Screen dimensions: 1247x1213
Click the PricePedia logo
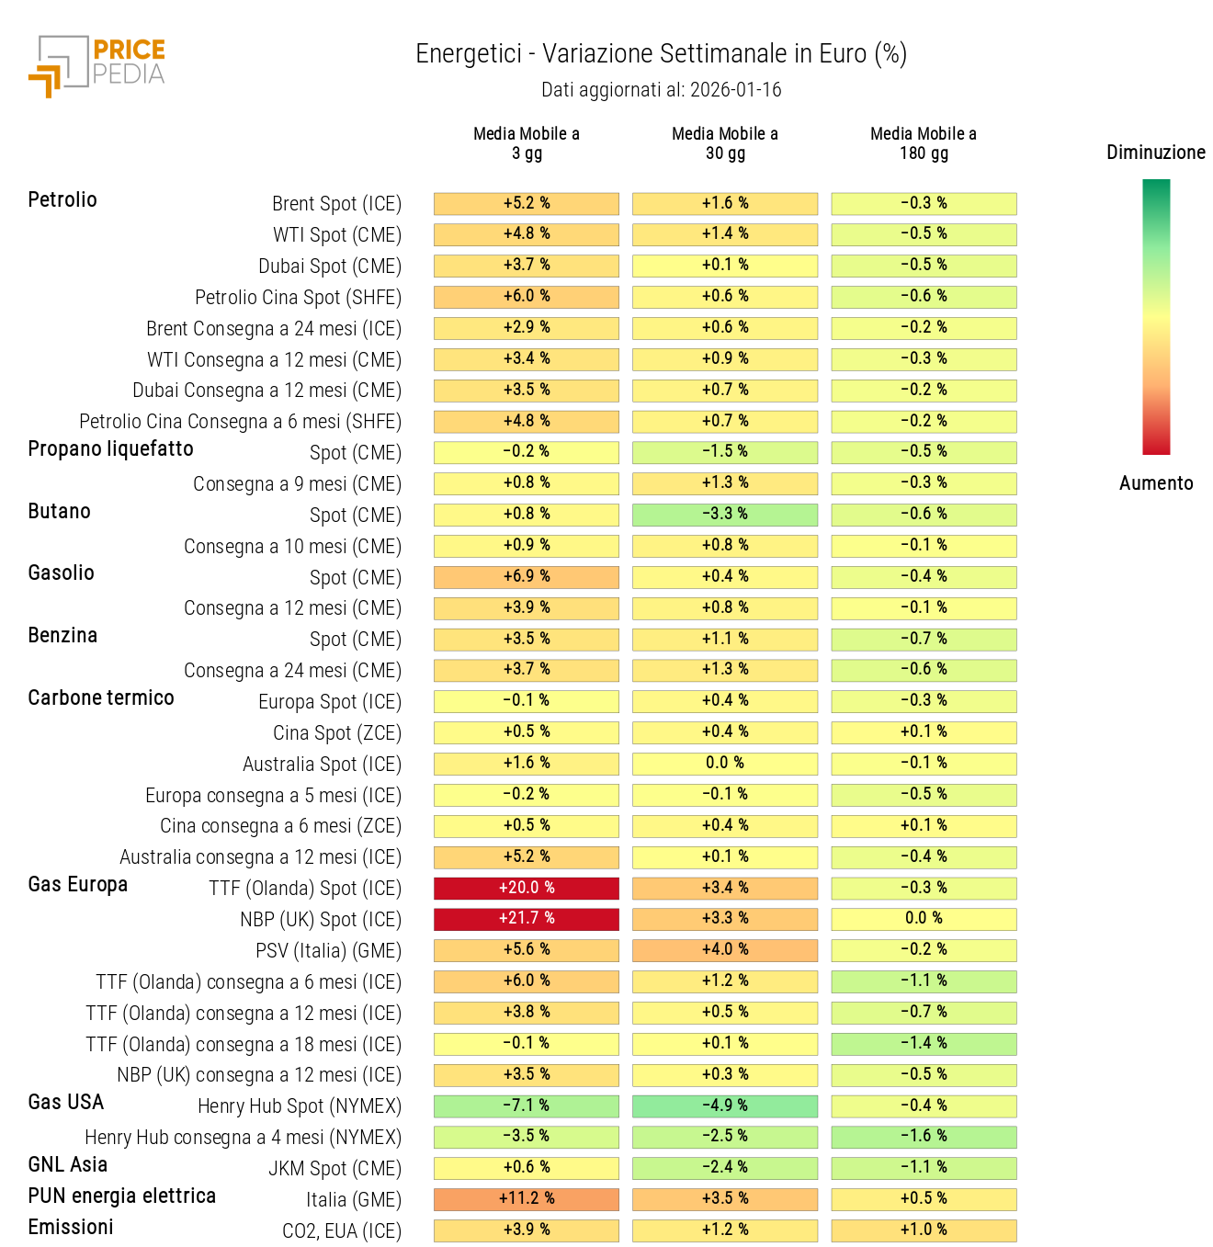[x=96, y=64]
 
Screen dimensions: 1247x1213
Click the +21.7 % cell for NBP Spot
[x=527, y=919]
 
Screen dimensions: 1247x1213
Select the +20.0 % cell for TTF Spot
[x=527, y=888]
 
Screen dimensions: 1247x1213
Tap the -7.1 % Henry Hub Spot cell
[x=527, y=1105]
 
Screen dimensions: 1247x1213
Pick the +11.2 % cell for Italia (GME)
[x=527, y=1199]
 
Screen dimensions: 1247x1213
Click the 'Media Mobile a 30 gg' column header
[x=725, y=143]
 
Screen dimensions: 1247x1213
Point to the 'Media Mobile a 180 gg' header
[x=924, y=143]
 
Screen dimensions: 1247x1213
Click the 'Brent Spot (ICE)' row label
[x=336, y=204]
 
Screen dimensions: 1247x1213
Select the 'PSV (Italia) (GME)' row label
[x=328, y=951]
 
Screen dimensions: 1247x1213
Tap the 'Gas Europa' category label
[x=78, y=885]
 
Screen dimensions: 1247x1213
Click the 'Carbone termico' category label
[x=101, y=698]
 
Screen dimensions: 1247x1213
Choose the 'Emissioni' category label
[x=71, y=1228]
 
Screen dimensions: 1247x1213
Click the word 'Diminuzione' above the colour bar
[x=1156, y=153]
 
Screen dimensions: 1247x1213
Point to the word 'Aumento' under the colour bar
[x=1156, y=483]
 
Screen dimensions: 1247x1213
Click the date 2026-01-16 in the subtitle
[x=735, y=90]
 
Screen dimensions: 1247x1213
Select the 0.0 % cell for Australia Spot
[x=725, y=764]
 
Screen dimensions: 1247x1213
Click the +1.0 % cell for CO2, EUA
[x=924, y=1230]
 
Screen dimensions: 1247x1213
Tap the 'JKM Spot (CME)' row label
[x=334, y=1169]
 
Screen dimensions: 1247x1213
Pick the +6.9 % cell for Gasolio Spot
[x=527, y=577]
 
